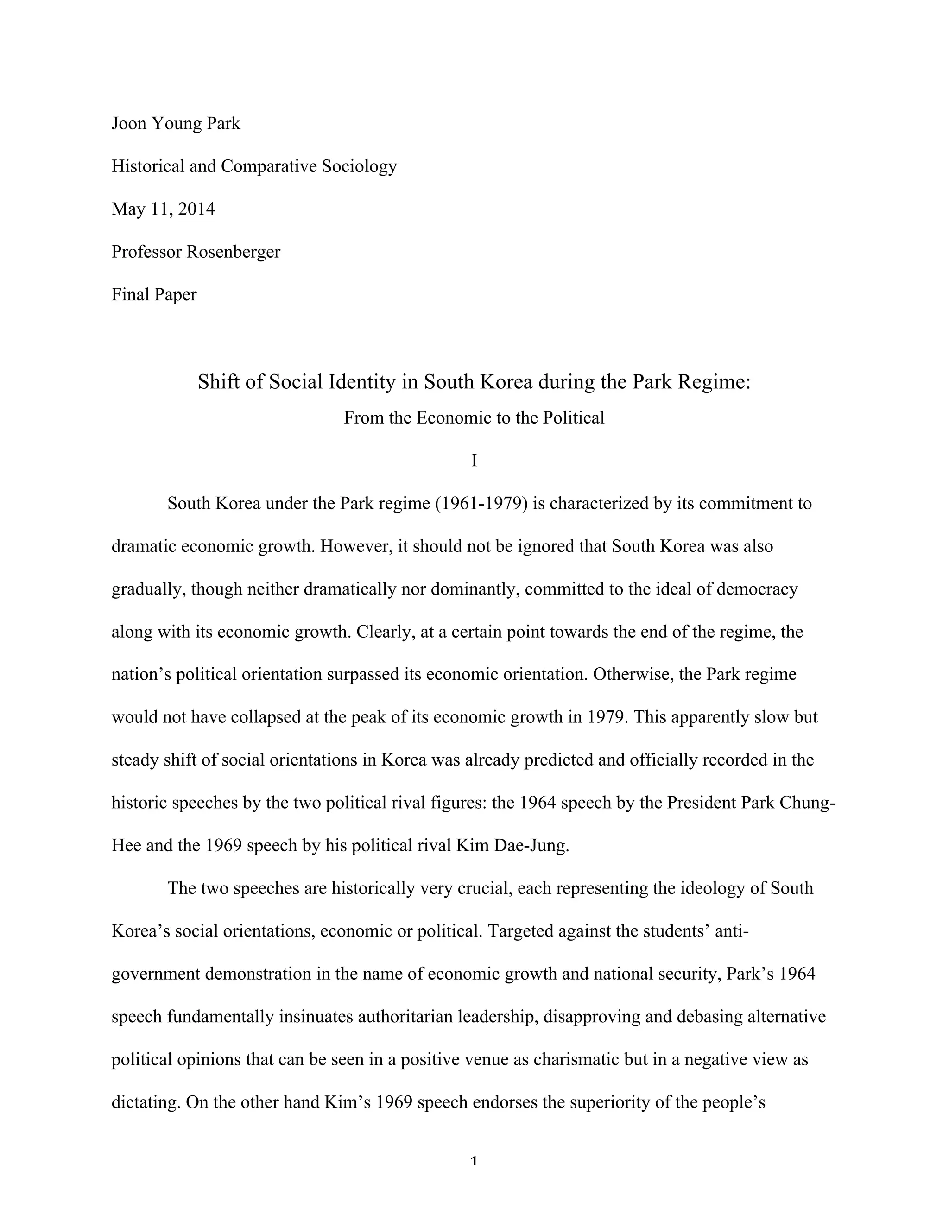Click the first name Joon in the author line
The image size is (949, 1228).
click(x=129, y=123)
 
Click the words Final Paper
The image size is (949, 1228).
click(x=154, y=294)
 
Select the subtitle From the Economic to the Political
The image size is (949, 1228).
click(x=474, y=418)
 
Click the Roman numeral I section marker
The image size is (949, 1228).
click(x=474, y=461)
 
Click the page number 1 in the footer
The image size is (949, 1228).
click(x=474, y=1160)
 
